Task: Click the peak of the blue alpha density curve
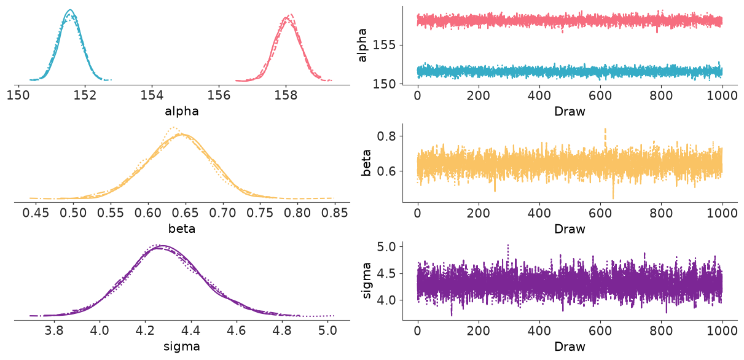pyautogui.click(x=70, y=10)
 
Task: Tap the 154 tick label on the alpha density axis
pyautogui.click(x=152, y=96)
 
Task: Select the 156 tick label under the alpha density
pyautogui.click(x=219, y=96)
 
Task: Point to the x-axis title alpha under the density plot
pyautogui.click(x=182, y=111)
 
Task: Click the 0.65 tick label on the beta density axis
pyautogui.click(x=185, y=213)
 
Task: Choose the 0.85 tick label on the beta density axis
pyautogui.click(x=334, y=213)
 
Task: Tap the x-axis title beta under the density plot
pyautogui.click(x=182, y=229)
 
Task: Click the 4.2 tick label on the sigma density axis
pyautogui.click(x=145, y=331)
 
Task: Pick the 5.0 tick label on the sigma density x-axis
pyautogui.click(x=327, y=331)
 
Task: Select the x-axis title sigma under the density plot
pyautogui.click(x=182, y=346)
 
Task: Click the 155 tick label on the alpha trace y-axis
pyautogui.click(x=385, y=45)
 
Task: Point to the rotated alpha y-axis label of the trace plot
pyautogui.click(x=362, y=45)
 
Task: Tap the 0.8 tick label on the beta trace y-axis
pyautogui.click(x=388, y=136)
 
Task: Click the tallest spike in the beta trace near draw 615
pyautogui.click(x=605, y=129)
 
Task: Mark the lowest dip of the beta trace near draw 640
pyautogui.click(x=613, y=198)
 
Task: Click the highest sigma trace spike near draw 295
pyautogui.click(x=507, y=245)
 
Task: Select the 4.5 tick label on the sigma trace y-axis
pyautogui.click(x=388, y=273)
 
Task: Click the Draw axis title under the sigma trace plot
pyautogui.click(x=570, y=346)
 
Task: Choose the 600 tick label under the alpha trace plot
pyautogui.click(x=600, y=96)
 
